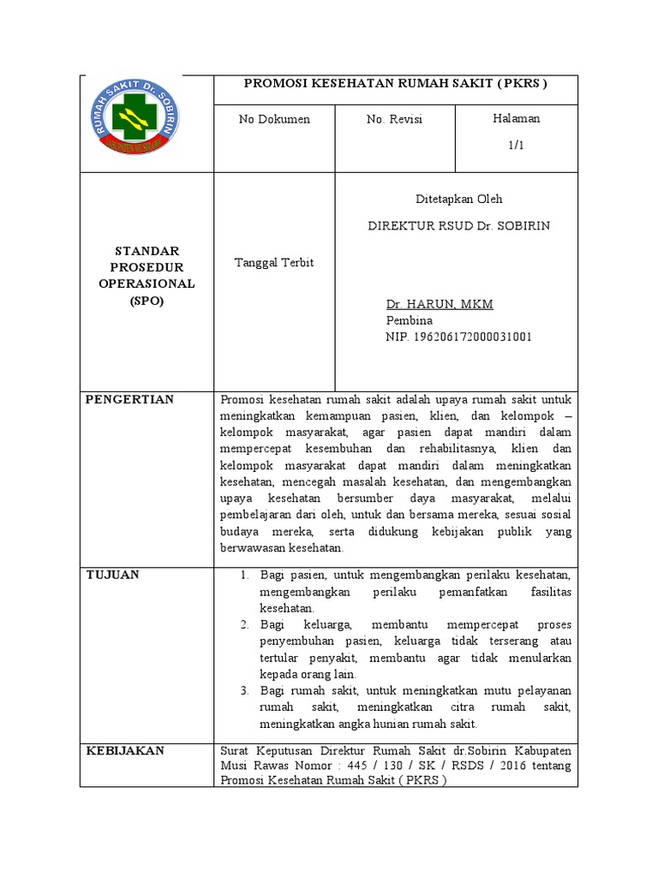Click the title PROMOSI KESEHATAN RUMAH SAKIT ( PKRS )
pyautogui.click(x=395, y=84)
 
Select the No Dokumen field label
pyautogui.click(x=274, y=119)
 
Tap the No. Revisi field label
pyautogui.click(x=394, y=119)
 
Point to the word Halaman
pyautogui.click(x=517, y=118)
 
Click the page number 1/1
pyautogui.click(x=516, y=146)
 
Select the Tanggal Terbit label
pyautogui.click(x=274, y=262)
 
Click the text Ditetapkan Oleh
pyautogui.click(x=458, y=199)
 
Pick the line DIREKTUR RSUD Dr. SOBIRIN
pyautogui.click(x=458, y=226)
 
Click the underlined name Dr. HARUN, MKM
pyautogui.click(x=440, y=305)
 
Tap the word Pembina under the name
pyautogui.click(x=410, y=321)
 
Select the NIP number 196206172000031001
pyautogui.click(x=458, y=337)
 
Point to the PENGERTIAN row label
pyautogui.click(x=130, y=399)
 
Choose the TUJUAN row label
pyautogui.click(x=113, y=574)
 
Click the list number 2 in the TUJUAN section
pyautogui.click(x=244, y=624)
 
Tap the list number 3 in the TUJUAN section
pyautogui.click(x=244, y=690)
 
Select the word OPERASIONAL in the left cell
pyautogui.click(x=147, y=283)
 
